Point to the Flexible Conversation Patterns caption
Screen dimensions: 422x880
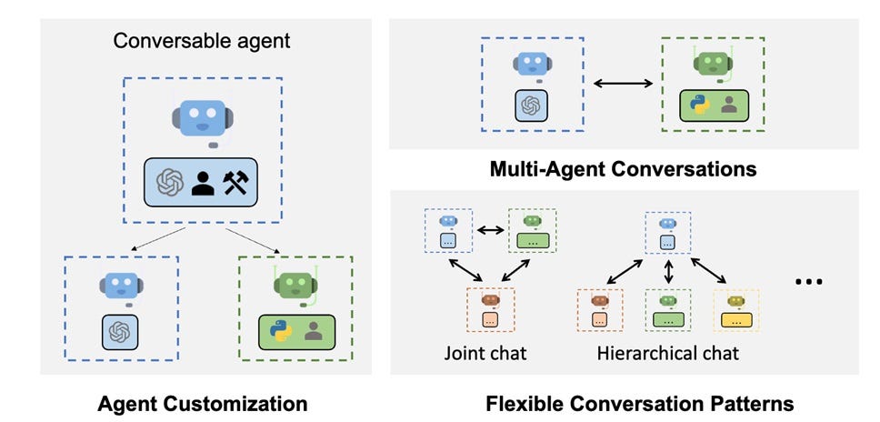pos(640,402)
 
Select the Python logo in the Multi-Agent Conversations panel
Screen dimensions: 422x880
pos(700,105)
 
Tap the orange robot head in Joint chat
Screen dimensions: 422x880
pos(490,299)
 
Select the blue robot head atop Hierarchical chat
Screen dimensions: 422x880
pos(668,223)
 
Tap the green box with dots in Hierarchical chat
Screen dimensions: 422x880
pos(668,320)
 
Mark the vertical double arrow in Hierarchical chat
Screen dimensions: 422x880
pos(668,271)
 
